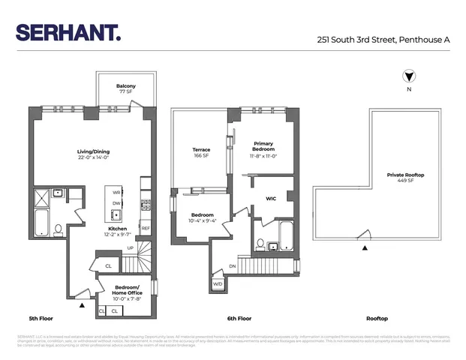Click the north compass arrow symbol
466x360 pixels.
pos(408,76)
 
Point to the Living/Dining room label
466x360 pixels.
pos(94,154)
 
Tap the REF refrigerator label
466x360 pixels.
pos(145,228)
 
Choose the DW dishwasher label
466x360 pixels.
pos(116,203)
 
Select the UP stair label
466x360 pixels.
pos(129,248)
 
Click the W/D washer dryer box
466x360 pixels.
pos(218,284)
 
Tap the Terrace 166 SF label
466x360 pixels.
pos(201,153)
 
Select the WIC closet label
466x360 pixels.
pos(272,199)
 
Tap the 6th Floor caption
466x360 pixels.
pos(239,317)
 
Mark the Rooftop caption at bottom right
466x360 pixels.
pos(376,317)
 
